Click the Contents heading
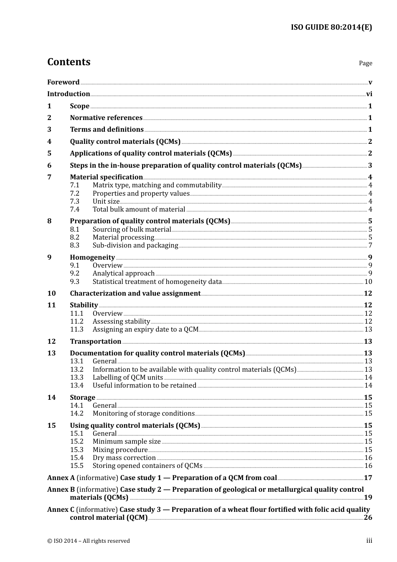pyautogui.click(x=69, y=62)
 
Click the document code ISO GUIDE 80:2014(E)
pyautogui.click(x=331, y=28)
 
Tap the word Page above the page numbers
pyautogui.click(x=365, y=63)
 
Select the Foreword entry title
pyautogui.click(x=63, y=82)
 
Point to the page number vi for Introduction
pyautogui.click(x=369, y=94)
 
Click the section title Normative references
pyautogui.click(x=106, y=118)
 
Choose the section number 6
pyautogui.click(x=49, y=166)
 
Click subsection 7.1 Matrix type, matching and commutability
pyautogui.click(x=157, y=185)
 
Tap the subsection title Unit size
pyautogui.click(x=106, y=202)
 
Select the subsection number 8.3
pyautogui.click(x=74, y=245)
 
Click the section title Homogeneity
pyautogui.click(x=92, y=258)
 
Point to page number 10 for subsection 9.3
pyautogui.click(x=368, y=282)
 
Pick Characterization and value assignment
pyautogui.click(x=135, y=294)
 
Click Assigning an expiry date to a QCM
pyautogui.click(x=145, y=330)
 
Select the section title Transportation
pyautogui.click(x=95, y=342)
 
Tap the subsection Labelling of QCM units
pyautogui.click(x=128, y=378)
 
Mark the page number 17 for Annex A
pyautogui.click(x=368, y=478)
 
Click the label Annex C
pyautogui.click(x=61, y=510)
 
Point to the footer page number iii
pyautogui.click(x=369, y=541)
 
